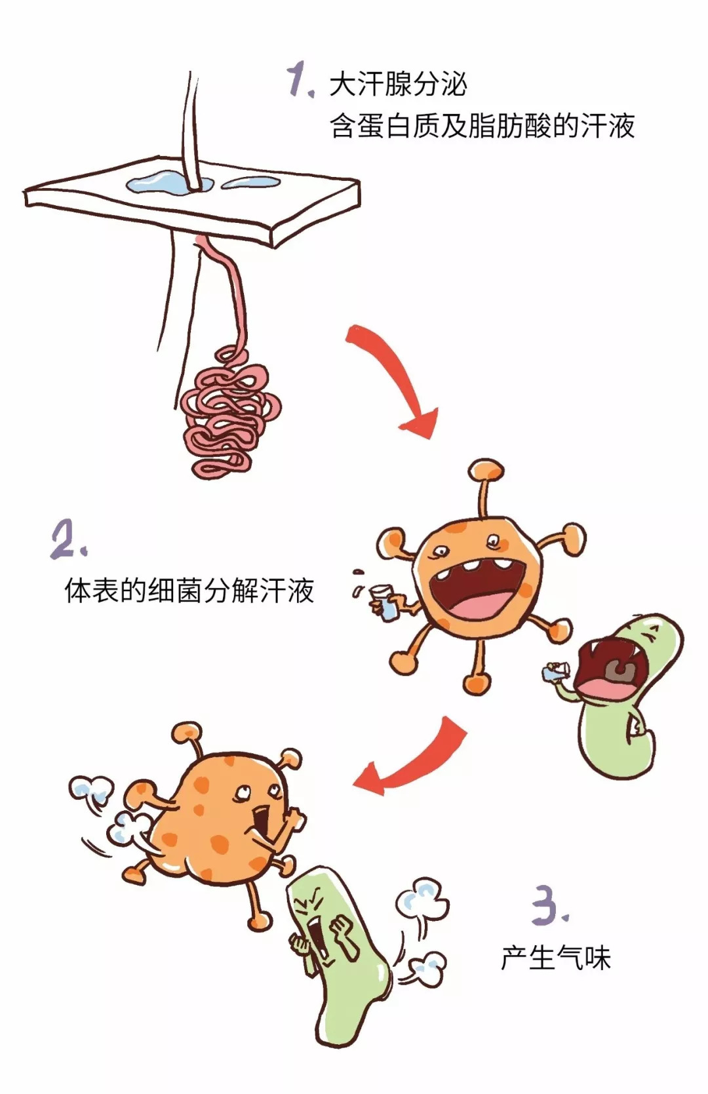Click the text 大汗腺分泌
[x=397, y=85]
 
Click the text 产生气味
[x=556, y=958]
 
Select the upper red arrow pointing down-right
[x=393, y=380]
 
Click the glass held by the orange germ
[x=384, y=603]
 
